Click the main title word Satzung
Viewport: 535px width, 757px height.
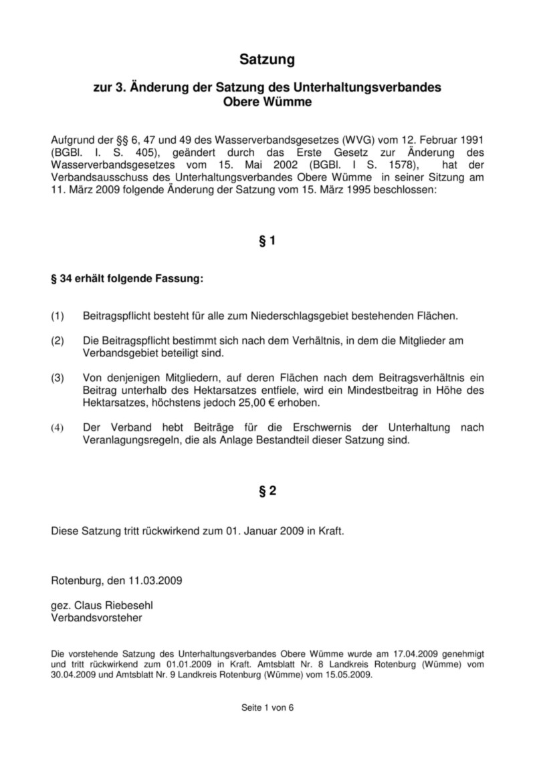pyautogui.click(x=267, y=60)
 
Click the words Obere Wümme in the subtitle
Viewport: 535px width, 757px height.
pyautogui.click(x=267, y=103)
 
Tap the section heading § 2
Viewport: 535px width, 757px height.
pyautogui.click(x=267, y=492)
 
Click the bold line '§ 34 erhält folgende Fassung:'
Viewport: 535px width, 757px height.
pyautogui.click(x=127, y=279)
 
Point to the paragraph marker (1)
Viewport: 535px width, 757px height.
pyautogui.click(x=58, y=314)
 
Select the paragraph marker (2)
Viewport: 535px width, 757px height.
pyautogui.click(x=58, y=341)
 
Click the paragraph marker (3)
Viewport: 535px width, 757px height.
pyautogui.click(x=58, y=378)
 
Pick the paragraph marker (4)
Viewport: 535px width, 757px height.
pyautogui.click(x=58, y=427)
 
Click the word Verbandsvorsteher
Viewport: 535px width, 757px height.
pyautogui.click(x=96, y=618)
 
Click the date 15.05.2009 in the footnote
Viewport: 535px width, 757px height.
pyautogui.click(x=348, y=675)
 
